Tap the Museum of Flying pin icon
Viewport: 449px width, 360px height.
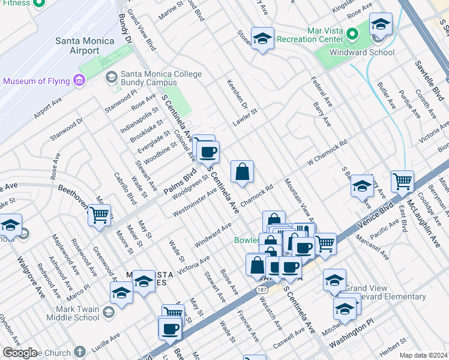79,80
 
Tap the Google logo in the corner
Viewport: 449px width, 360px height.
19,353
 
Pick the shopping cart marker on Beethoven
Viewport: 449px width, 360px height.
100,214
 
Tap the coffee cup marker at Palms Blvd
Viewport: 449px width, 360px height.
208,152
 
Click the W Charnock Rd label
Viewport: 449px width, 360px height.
328,153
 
